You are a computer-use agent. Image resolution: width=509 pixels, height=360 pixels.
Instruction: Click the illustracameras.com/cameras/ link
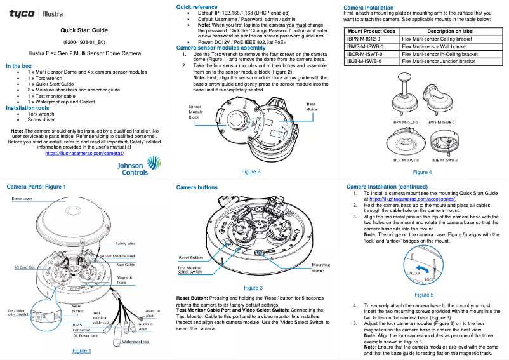point(84,153)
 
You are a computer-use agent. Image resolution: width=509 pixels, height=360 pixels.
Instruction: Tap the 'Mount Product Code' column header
point(372,31)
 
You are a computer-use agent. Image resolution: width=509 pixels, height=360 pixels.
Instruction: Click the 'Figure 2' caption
point(251,171)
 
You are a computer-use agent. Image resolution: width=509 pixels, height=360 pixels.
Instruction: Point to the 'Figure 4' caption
point(422,172)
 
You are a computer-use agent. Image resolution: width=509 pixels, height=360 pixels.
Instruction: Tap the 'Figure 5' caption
point(424,295)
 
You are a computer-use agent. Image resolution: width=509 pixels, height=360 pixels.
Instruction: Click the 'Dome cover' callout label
point(23,199)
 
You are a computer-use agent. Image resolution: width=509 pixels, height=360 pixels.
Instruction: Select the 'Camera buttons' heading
point(197,188)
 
